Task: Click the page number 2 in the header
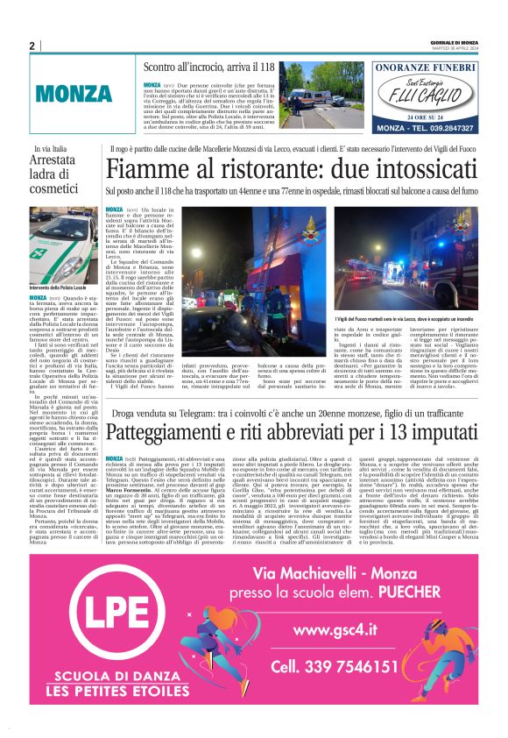click(32, 46)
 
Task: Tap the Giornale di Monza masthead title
click(455, 42)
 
